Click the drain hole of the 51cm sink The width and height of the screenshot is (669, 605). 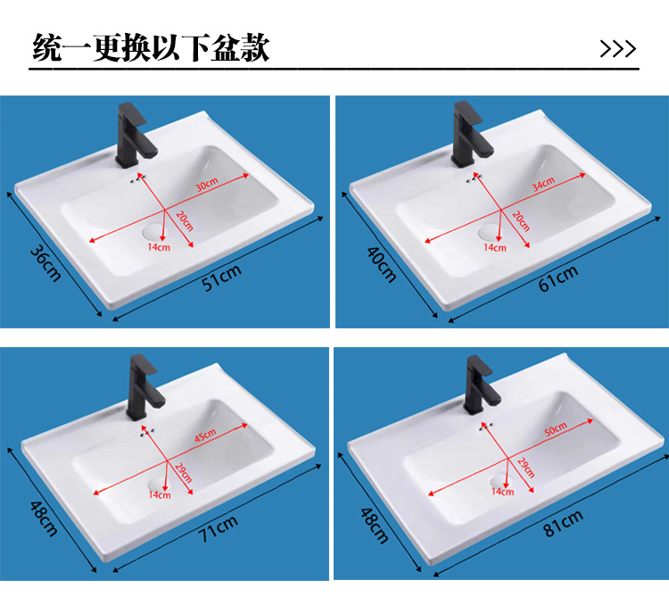156,229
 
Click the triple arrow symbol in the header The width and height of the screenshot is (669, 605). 617,48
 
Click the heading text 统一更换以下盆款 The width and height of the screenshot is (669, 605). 150,47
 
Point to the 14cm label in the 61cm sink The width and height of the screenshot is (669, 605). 494,247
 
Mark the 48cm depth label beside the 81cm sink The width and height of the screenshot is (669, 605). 373,524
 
